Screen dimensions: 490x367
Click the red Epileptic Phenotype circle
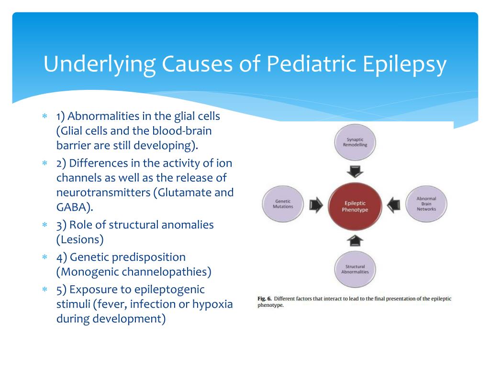(x=355, y=206)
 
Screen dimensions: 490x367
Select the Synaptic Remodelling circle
(x=355, y=142)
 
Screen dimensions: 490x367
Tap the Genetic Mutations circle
(x=283, y=204)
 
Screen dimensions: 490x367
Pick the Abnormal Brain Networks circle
(x=426, y=204)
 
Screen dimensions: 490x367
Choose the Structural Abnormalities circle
(x=355, y=269)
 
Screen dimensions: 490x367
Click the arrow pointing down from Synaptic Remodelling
(x=355, y=172)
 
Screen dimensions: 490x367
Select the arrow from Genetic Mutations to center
(x=316, y=205)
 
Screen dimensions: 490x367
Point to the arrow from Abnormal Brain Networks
(x=394, y=205)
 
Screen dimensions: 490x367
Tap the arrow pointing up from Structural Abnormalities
(x=355, y=240)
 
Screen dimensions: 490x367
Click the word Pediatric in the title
(x=311, y=64)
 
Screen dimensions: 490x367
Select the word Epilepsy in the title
(x=405, y=65)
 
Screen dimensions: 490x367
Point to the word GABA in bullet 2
(x=73, y=207)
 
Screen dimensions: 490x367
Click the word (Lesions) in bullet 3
(x=80, y=240)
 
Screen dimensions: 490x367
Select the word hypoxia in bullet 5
(x=212, y=304)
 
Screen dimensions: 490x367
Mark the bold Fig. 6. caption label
(x=264, y=299)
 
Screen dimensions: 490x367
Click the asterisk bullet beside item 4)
(x=45, y=257)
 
